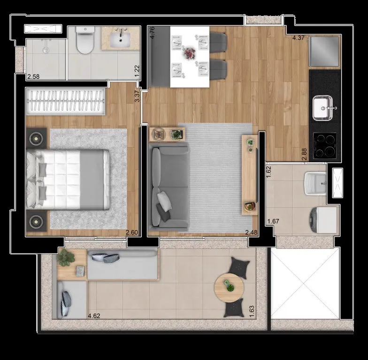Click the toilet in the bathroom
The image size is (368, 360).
pos(84,39)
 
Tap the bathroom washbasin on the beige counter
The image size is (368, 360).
pos(120,39)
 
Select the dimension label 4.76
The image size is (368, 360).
pos(152,33)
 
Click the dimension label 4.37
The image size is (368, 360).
pos(298,37)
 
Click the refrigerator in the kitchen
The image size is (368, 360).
pos(324,52)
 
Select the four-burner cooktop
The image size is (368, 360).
pos(325,145)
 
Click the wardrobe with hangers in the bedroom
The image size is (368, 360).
pos(66,101)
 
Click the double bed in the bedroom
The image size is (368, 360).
pos(68,179)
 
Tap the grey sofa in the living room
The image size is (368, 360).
pos(170,187)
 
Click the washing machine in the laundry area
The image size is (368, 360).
pos(324,220)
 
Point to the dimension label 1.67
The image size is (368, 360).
pos(273,221)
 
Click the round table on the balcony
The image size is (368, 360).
pos(229,287)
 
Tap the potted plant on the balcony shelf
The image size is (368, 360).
pos(66,257)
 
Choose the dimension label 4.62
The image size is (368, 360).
pos(94,316)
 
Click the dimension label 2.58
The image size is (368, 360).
pos(33,77)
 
